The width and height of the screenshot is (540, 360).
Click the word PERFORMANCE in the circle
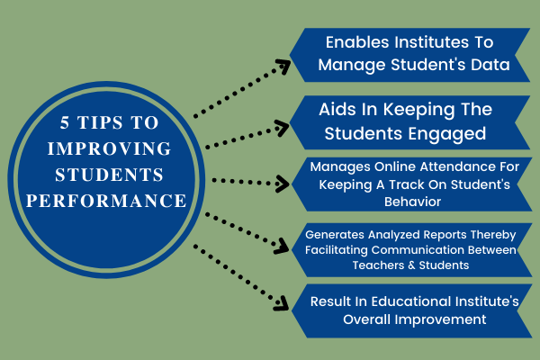pyautogui.click(x=106, y=201)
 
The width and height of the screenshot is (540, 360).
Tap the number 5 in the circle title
pyautogui.click(x=65, y=122)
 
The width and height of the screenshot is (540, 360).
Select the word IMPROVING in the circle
pyautogui.click(x=109, y=148)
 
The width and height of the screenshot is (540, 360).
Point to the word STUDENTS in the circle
pyautogui.click(x=109, y=175)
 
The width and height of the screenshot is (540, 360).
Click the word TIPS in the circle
pyautogui.click(x=100, y=122)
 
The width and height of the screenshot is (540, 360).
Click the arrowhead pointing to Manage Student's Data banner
pyautogui.click(x=283, y=66)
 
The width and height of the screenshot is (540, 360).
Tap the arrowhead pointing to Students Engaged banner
pyautogui.click(x=283, y=128)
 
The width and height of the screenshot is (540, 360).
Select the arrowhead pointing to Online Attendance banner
pyautogui.click(x=283, y=184)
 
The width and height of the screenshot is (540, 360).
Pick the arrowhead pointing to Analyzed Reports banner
pyautogui.click(x=282, y=246)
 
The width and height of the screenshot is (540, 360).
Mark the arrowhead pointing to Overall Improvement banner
pyautogui.click(x=282, y=303)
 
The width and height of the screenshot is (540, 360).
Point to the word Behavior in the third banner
pyautogui.click(x=412, y=202)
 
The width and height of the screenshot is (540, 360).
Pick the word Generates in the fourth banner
pyautogui.click(x=335, y=235)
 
